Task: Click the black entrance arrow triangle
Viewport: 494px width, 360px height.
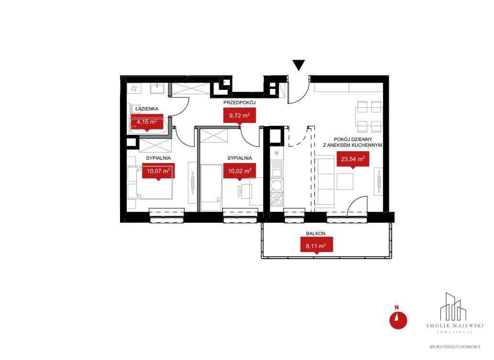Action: tap(299, 65)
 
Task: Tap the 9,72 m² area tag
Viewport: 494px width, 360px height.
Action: tap(240, 115)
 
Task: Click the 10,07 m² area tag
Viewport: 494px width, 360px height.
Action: tap(158, 171)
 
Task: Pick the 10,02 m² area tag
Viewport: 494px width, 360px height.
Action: tap(240, 171)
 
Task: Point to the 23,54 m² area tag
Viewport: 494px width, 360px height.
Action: tap(353, 160)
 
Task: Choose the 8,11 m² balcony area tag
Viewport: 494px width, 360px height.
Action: tap(316, 245)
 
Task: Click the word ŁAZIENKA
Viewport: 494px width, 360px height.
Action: tap(147, 109)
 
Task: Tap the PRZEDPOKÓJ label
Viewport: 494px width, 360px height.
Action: tap(240, 102)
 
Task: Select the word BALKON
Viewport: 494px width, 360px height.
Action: tap(316, 234)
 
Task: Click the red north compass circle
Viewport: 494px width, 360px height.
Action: tap(398, 320)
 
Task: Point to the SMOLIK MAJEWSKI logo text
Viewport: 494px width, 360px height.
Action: tap(455, 326)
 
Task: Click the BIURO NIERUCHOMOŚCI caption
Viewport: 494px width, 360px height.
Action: tap(455, 347)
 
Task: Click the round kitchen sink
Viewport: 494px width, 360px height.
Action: tap(276, 185)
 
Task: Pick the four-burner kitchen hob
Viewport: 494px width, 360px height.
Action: tap(276, 199)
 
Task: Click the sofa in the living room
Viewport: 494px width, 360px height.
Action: tap(325, 182)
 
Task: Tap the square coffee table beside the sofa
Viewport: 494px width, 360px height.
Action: tap(345, 182)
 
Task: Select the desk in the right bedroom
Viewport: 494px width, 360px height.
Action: tap(256, 192)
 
